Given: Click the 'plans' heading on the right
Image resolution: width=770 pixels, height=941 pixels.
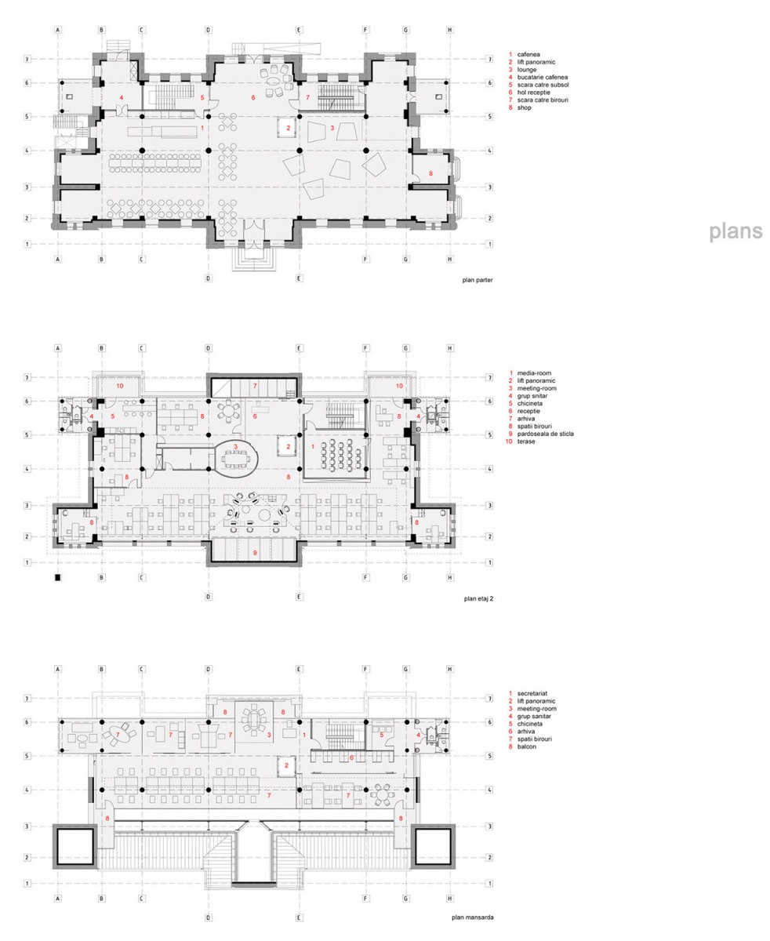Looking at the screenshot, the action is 735,231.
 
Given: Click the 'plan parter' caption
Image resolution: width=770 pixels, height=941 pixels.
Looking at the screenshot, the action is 478,280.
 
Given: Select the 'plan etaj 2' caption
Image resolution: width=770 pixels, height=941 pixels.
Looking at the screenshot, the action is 478,598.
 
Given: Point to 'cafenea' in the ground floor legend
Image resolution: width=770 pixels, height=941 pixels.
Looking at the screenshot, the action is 528,54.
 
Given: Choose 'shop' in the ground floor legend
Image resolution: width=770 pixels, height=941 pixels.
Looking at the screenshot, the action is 525,107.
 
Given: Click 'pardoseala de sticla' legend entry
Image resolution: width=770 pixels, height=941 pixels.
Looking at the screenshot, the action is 545,434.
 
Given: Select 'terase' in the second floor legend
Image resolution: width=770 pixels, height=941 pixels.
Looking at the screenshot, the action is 526,441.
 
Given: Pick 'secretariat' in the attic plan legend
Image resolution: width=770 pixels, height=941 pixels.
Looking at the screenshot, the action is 532,693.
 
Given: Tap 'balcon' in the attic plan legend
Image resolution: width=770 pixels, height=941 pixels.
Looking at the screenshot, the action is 526,747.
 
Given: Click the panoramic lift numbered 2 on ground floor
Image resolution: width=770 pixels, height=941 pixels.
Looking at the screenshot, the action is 288,128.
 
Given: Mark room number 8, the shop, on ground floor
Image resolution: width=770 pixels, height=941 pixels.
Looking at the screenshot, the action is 430,173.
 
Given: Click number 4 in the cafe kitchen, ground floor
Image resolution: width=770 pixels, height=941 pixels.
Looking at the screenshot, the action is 121,97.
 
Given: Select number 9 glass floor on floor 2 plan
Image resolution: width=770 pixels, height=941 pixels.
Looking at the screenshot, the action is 255,553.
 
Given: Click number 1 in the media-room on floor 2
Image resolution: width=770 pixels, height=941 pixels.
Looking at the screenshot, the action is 313,446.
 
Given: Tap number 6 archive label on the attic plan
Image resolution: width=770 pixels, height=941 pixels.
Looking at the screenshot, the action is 351,758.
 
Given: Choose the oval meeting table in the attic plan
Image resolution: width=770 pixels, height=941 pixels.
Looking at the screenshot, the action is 254,719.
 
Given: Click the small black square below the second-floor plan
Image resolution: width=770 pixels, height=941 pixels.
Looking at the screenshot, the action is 57,577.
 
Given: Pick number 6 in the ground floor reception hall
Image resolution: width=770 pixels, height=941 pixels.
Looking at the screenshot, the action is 253,97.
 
